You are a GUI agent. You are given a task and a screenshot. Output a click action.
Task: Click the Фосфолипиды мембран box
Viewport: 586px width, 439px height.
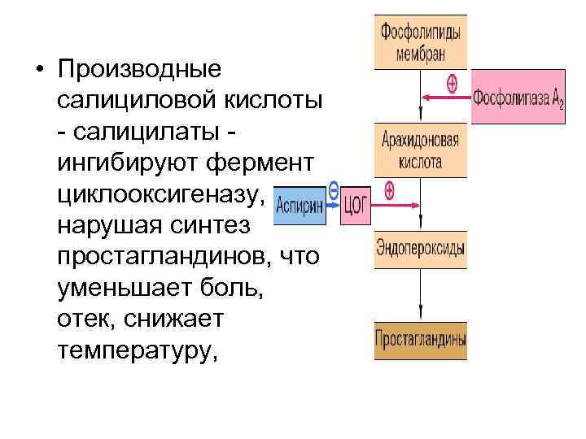tap(421, 41)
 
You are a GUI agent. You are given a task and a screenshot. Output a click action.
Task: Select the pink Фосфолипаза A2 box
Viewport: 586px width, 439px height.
tap(518, 99)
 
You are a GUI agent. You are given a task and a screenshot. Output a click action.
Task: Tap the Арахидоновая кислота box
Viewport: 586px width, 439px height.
tap(421, 150)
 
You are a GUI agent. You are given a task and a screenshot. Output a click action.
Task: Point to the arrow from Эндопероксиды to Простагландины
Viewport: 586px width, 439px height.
tap(420, 296)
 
